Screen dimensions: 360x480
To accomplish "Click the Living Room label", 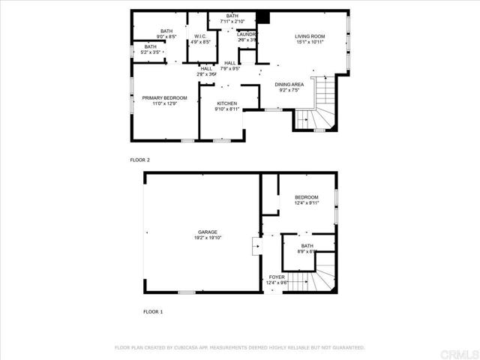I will (x=309, y=36).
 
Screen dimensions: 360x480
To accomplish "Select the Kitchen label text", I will (x=227, y=103).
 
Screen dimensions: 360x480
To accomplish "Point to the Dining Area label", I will (x=289, y=85).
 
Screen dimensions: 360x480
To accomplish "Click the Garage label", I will (x=207, y=232).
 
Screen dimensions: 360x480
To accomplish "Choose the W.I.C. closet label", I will (x=200, y=36).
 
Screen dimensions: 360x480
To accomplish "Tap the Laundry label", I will (x=247, y=34).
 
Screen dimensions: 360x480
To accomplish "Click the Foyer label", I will (x=277, y=277).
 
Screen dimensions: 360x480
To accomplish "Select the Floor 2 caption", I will (x=140, y=160).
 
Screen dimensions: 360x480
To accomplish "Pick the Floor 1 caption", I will (x=152, y=311).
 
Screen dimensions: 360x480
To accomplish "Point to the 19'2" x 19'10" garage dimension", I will (x=207, y=238).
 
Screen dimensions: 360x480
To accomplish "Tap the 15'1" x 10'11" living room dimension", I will (x=309, y=42).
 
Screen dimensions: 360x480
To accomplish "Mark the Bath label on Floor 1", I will (x=307, y=245).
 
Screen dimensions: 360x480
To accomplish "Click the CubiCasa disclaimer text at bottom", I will (x=239, y=348).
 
